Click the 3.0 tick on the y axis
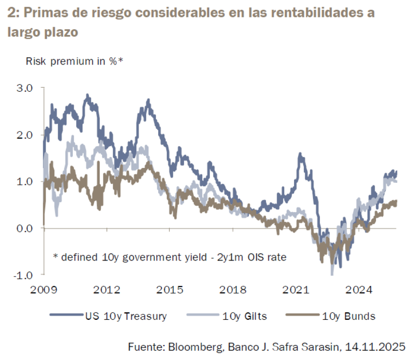tap(24, 88)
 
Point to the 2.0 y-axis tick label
tap(24, 135)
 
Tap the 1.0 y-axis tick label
tap(24, 181)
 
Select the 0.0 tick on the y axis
tap(24, 228)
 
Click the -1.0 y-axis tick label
tap(23, 275)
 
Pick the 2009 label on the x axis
tap(44, 290)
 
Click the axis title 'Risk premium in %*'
tap(74, 62)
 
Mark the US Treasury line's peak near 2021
tap(301, 154)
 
